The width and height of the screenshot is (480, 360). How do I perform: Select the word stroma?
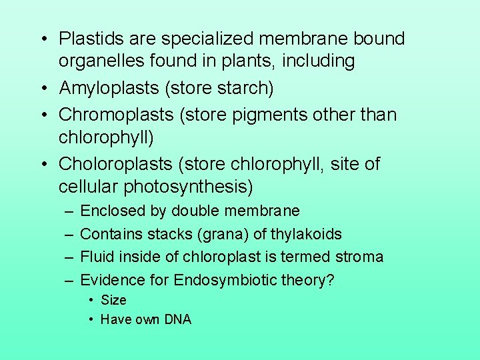pos(360,257)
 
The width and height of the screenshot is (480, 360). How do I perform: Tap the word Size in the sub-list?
pos(113,300)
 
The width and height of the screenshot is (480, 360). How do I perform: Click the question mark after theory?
pos(330,280)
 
